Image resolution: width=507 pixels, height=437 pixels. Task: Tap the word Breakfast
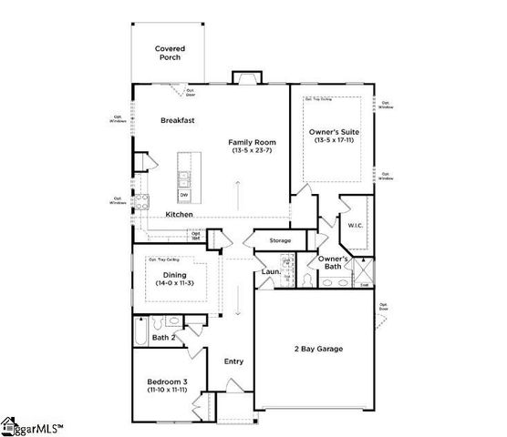click(x=179, y=120)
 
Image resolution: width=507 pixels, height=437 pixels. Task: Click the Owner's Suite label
click(x=335, y=132)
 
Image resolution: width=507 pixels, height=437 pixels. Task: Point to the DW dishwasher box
click(x=183, y=195)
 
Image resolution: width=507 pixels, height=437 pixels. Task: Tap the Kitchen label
click(x=179, y=214)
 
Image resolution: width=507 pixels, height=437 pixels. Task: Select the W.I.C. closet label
click(x=355, y=224)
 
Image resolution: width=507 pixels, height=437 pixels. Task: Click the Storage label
click(x=280, y=240)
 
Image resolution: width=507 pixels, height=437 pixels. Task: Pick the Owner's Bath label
click(x=335, y=264)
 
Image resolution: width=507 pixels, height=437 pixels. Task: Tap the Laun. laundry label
click(x=271, y=270)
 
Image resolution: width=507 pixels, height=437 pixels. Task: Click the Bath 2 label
click(x=163, y=338)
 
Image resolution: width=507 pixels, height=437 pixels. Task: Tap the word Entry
click(x=234, y=361)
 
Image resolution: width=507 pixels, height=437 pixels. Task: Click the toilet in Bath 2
click(x=158, y=322)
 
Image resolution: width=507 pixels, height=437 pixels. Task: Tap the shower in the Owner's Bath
click(x=364, y=269)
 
